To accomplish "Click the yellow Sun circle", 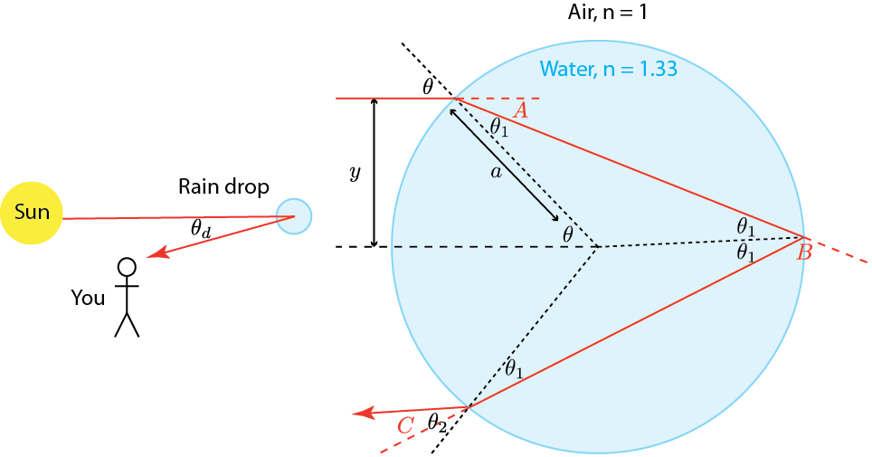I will click(x=32, y=214).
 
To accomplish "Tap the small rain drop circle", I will click(x=294, y=216).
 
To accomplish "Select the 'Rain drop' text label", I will click(x=223, y=187).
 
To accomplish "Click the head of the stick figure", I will click(x=128, y=267).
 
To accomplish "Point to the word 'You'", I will click(x=88, y=298).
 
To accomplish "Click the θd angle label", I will click(x=201, y=231).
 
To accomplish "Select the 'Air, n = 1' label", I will click(x=602, y=14).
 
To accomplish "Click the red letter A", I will click(x=520, y=111).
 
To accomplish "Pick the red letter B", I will click(x=804, y=253).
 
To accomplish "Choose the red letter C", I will click(x=405, y=424).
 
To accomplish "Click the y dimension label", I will click(x=355, y=172).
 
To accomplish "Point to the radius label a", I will click(x=495, y=173).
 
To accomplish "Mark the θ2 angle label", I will click(x=437, y=422).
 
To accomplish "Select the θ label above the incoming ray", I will click(x=428, y=87).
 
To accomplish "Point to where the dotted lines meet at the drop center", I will click(x=595, y=246).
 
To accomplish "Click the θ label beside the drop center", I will click(x=568, y=233).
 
